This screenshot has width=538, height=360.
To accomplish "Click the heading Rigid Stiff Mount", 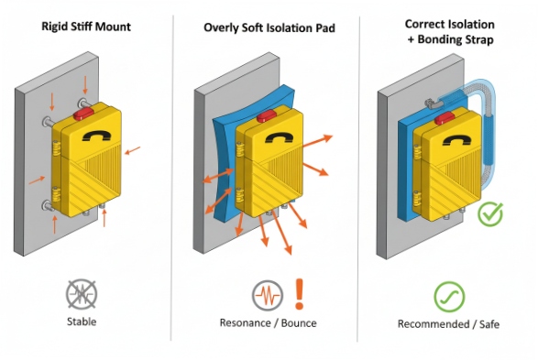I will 86,27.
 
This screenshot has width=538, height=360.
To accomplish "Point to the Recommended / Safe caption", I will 449,323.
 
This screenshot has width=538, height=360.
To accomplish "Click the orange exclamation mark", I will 300,294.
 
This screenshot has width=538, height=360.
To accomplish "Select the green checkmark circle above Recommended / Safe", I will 449,295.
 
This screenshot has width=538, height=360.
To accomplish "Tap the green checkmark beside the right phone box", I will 491,214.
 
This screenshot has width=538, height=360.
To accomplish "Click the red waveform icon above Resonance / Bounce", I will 267,295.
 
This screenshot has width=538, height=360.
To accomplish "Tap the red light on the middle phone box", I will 267,115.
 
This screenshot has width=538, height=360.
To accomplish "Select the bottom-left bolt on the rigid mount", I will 48,207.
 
